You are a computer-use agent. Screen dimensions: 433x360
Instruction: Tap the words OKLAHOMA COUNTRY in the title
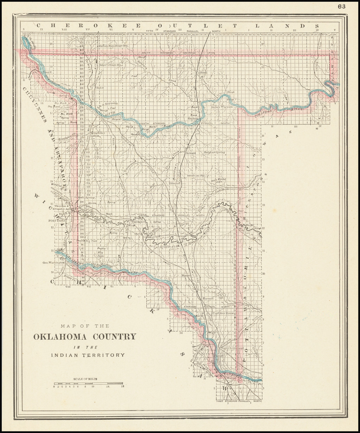(x=85, y=336)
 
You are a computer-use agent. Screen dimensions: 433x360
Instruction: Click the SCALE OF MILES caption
(x=86, y=379)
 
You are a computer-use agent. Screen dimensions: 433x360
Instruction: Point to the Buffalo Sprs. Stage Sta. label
(x=113, y=46)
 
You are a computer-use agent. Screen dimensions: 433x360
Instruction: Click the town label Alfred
(x=202, y=73)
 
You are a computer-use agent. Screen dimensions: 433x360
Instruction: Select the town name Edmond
(x=175, y=183)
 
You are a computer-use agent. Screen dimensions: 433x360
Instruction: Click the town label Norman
(x=208, y=298)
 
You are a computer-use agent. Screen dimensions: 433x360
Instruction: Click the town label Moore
(x=185, y=275)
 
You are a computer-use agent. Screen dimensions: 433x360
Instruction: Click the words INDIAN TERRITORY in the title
(x=88, y=355)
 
